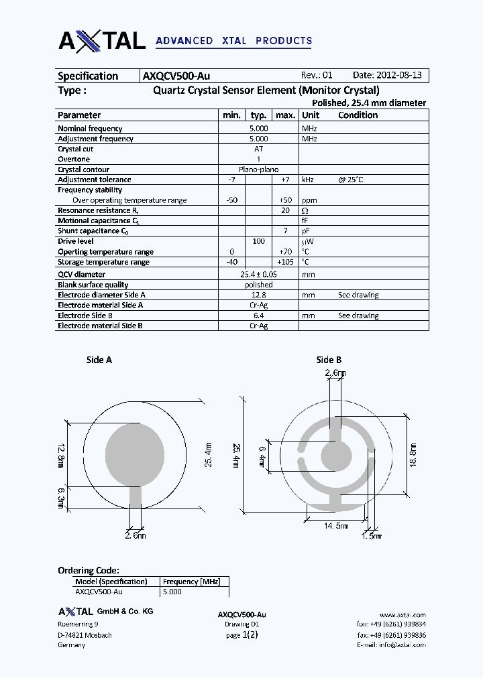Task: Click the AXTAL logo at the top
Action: tap(102, 41)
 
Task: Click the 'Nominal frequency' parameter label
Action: tap(90, 128)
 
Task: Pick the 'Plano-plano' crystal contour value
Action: tap(258, 169)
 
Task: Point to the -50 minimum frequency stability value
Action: tap(232, 200)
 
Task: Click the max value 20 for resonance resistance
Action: tap(285, 210)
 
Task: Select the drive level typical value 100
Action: tap(258, 241)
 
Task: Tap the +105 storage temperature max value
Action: tap(285, 262)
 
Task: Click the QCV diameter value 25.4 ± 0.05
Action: tap(258, 274)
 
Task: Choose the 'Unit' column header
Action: tap(311, 115)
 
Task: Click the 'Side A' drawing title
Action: tap(99, 360)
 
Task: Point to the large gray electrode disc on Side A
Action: tap(135, 454)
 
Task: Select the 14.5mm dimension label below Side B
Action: tap(336, 526)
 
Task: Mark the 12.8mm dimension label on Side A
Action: tap(60, 456)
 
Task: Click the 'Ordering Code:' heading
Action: tap(89, 570)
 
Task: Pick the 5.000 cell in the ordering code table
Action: tap(172, 592)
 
